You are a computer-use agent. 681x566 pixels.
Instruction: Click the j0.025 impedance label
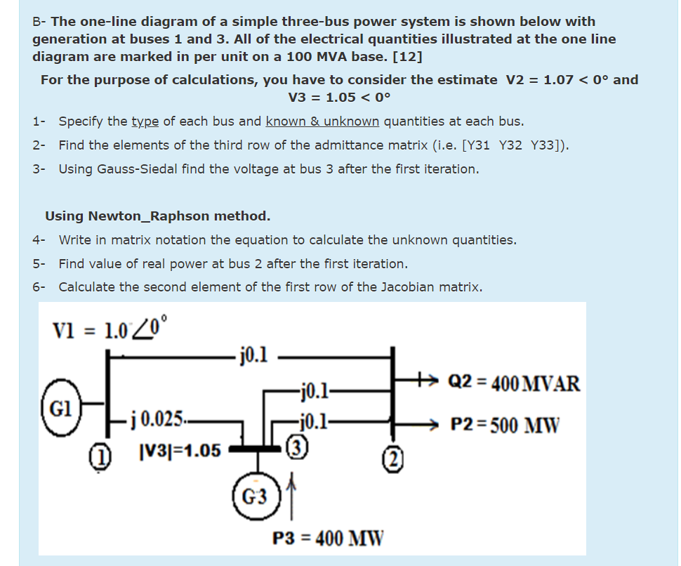coord(155,421)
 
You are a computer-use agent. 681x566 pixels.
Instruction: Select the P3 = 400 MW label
coord(328,539)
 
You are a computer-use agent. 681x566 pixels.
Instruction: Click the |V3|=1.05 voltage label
coord(176,450)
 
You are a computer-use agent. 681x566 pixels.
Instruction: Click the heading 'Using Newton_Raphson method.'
coord(158,216)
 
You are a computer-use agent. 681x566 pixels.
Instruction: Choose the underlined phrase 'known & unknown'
coord(322,121)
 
